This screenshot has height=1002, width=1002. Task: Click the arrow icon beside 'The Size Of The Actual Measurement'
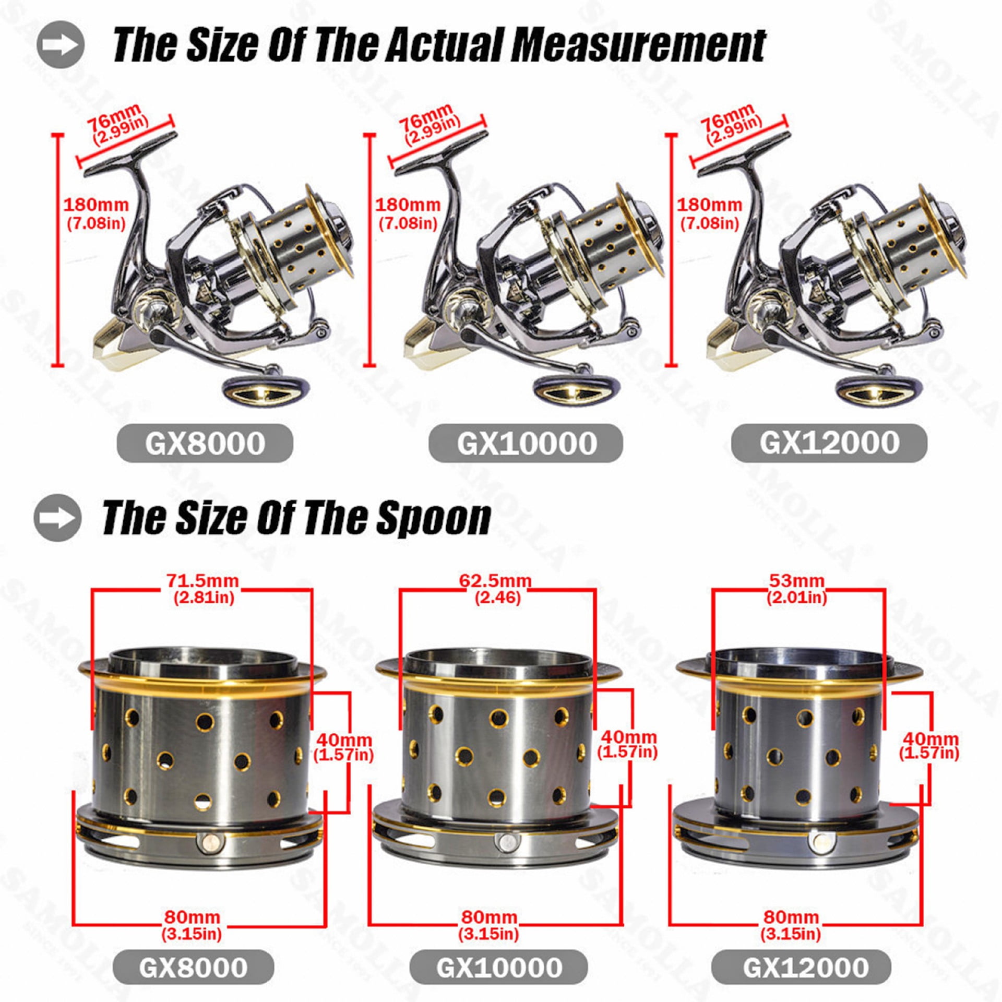[x=61, y=44]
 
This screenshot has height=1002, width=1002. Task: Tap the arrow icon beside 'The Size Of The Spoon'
[x=57, y=517]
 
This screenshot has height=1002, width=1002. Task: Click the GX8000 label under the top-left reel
[x=205, y=443]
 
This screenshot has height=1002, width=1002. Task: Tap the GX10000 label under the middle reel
[x=526, y=443]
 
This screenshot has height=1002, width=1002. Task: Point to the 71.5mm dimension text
[x=202, y=580]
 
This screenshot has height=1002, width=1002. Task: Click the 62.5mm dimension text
[x=495, y=580]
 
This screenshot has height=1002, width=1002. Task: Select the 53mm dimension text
[x=796, y=580]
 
